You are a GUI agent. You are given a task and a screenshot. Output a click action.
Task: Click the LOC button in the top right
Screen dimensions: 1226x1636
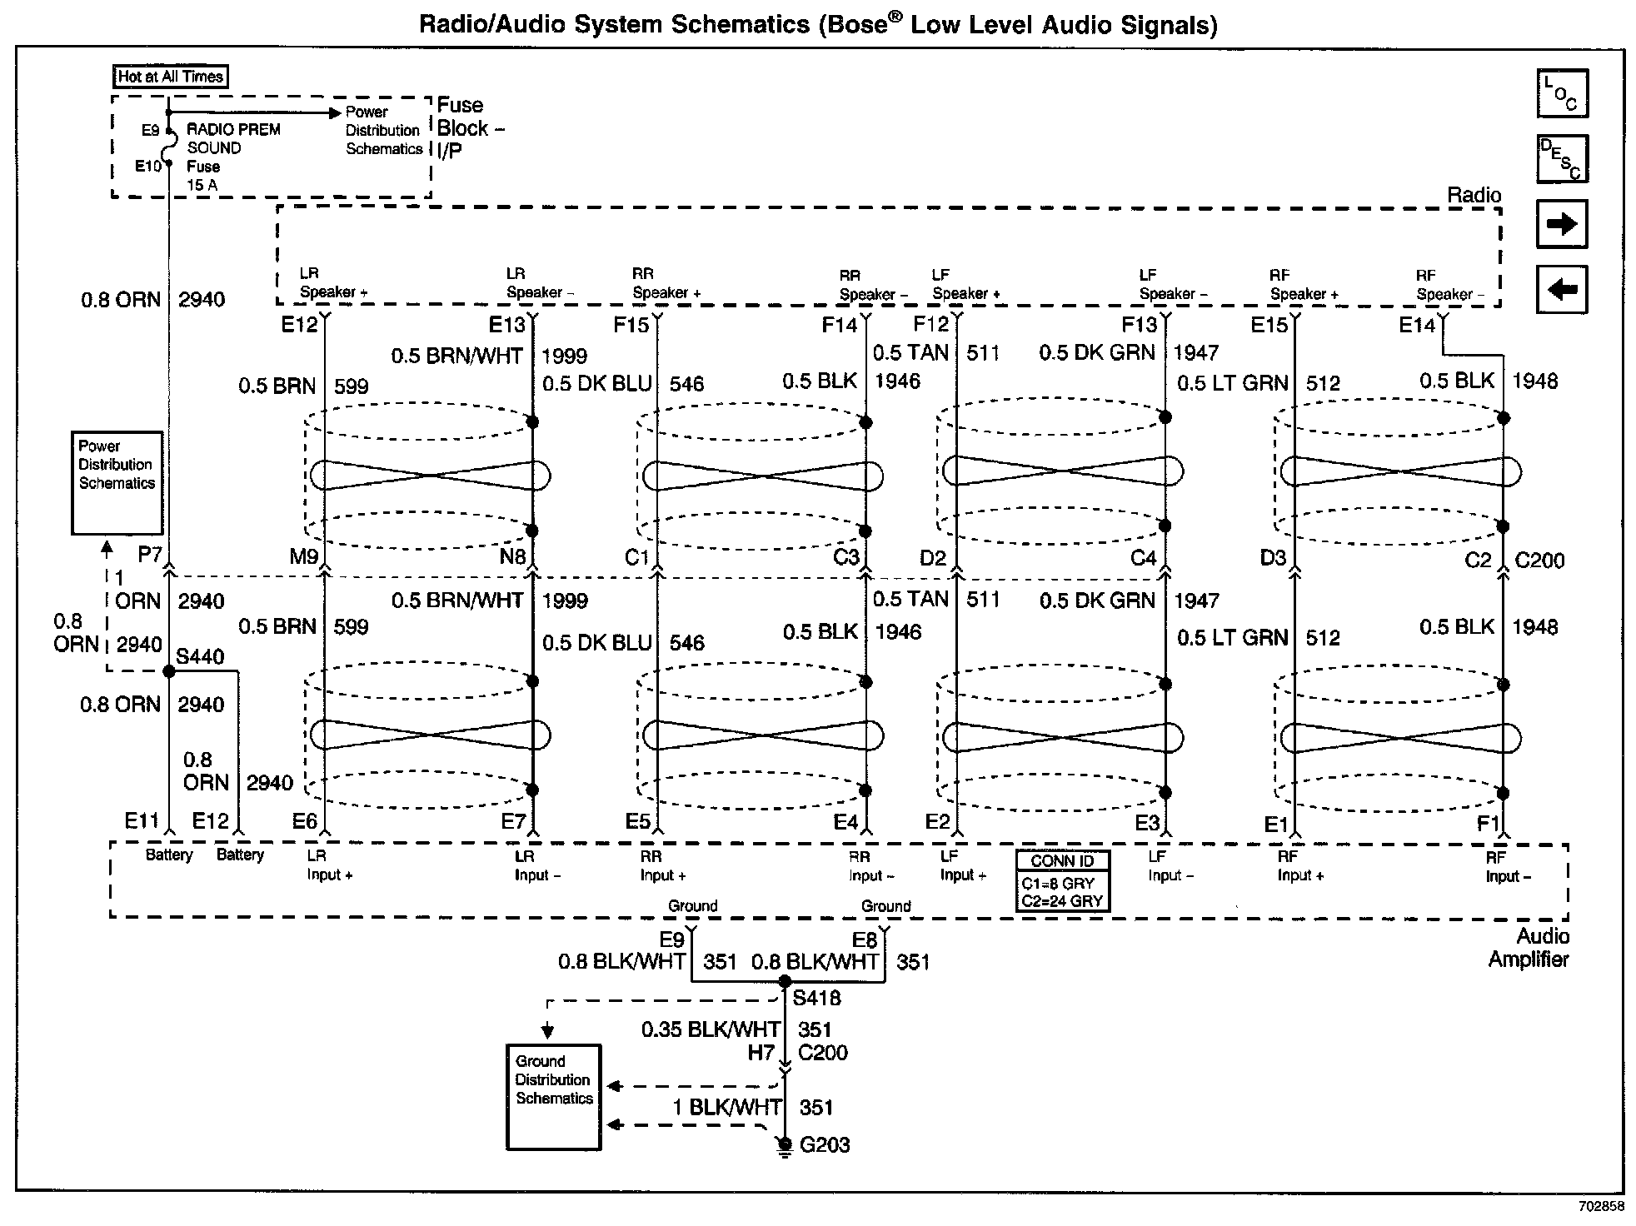point(1562,93)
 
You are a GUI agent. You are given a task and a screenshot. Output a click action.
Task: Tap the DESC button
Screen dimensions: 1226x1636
point(1562,158)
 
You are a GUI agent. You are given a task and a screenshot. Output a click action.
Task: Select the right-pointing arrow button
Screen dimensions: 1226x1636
point(1562,224)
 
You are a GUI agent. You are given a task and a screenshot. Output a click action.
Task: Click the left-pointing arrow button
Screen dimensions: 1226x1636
point(1562,289)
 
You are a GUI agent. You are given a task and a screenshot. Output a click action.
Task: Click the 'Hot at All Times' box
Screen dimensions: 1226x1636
point(171,77)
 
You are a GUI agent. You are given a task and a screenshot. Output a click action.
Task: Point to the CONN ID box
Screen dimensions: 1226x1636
point(1062,881)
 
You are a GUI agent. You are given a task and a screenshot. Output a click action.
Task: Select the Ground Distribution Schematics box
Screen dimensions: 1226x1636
point(553,1096)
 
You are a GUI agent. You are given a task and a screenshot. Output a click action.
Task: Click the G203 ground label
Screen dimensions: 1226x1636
point(825,1145)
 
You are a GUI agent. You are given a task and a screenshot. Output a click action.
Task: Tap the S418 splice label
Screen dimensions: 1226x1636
point(816,998)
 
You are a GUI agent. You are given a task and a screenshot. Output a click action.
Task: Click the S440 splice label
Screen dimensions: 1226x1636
point(200,656)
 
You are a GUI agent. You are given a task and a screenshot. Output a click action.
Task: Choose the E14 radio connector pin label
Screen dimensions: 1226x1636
point(1416,325)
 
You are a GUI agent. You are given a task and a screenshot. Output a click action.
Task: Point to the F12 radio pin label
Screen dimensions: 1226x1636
point(930,324)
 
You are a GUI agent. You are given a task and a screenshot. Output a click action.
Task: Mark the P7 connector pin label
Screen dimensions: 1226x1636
point(149,555)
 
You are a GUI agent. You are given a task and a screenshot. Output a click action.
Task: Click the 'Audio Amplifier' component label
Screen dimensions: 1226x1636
point(1529,948)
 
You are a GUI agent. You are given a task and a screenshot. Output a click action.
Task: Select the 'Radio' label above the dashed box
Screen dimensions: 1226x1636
point(1474,196)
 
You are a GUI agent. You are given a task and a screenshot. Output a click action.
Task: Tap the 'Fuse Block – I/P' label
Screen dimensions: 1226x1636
point(470,127)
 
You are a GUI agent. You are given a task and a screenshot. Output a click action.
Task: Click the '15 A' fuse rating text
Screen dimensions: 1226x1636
point(202,185)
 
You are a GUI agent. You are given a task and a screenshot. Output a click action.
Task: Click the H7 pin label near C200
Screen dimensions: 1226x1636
point(761,1053)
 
